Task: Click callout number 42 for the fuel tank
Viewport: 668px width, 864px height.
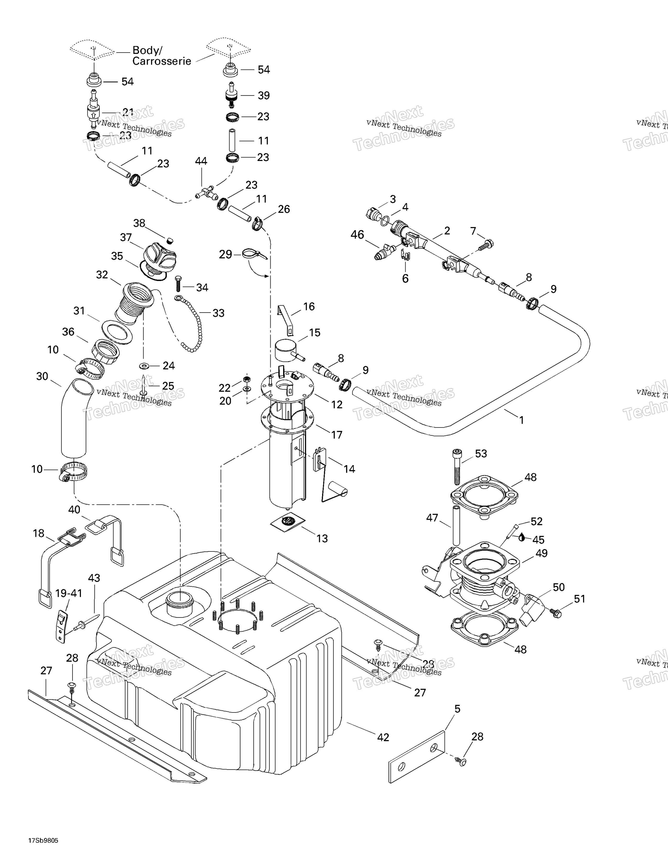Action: (x=383, y=737)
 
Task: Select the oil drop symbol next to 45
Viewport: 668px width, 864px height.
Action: (x=522, y=537)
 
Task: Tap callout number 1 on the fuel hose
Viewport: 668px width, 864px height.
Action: (x=522, y=420)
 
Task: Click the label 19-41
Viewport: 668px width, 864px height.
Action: (x=68, y=593)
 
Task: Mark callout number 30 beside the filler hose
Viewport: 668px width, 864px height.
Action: (x=42, y=376)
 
